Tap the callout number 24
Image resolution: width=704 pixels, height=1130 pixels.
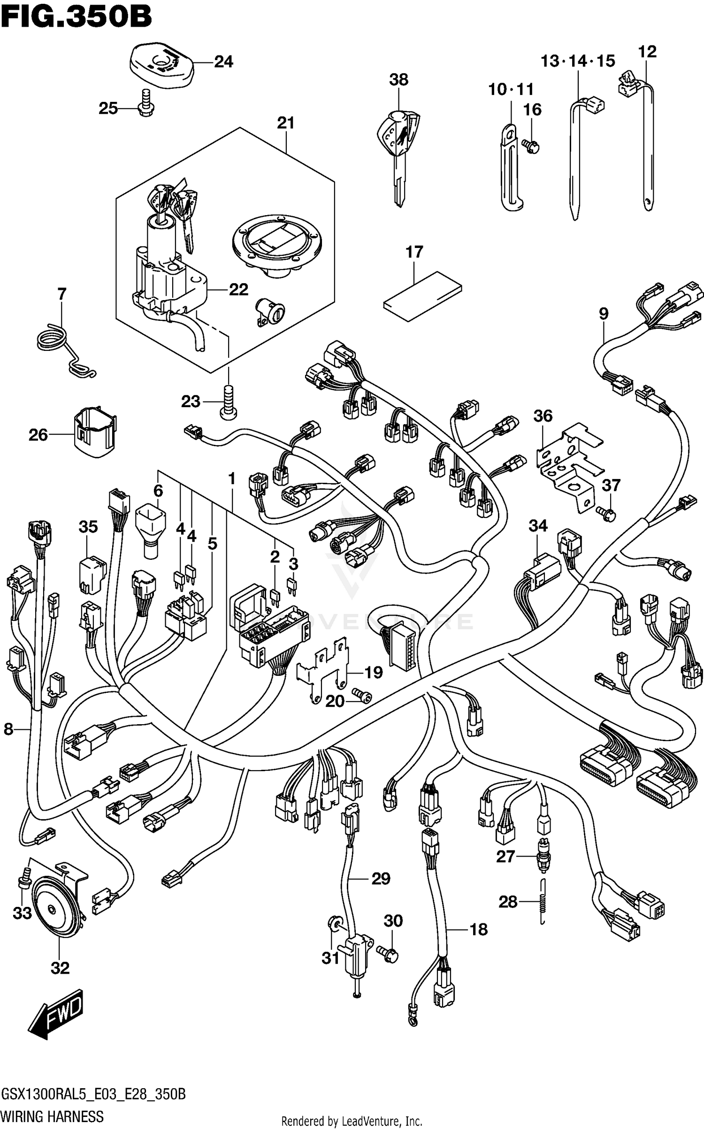click(x=223, y=62)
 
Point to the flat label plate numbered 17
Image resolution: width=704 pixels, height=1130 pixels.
click(x=422, y=296)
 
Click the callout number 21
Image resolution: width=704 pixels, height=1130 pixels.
click(x=285, y=123)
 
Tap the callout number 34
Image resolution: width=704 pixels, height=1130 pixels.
click(x=538, y=526)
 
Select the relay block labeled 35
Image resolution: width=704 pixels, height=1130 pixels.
click(x=92, y=575)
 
